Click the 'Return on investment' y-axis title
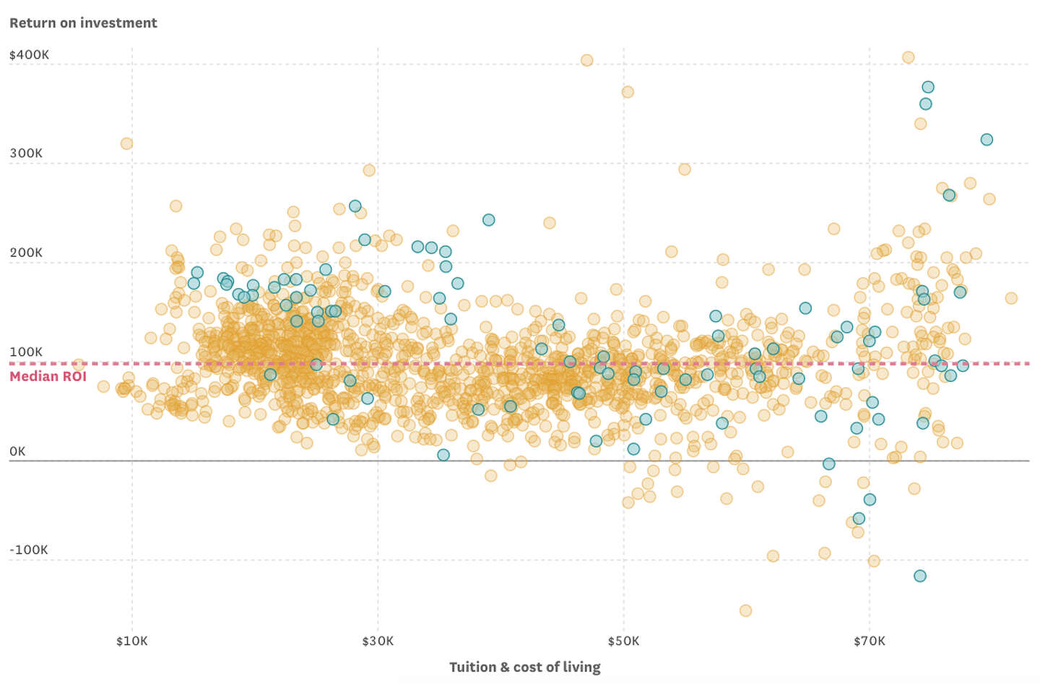point(83,23)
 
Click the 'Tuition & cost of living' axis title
point(524,667)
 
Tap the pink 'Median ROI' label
point(48,376)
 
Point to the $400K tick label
point(30,55)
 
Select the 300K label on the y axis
point(26,153)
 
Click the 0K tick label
point(17,451)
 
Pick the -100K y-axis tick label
point(29,549)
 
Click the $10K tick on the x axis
point(132,641)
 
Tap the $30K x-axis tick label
point(378,641)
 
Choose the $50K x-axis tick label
point(623,641)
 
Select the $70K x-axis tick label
point(869,641)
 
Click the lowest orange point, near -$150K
point(745,611)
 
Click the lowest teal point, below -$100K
point(919,576)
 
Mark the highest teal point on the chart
point(928,87)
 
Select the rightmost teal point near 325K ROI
point(987,139)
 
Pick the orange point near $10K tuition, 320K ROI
point(126,144)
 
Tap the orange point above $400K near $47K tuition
point(586,61)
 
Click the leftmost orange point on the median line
point(78,365)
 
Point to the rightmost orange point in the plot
point(1011,298)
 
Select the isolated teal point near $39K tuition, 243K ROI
point(488,219)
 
